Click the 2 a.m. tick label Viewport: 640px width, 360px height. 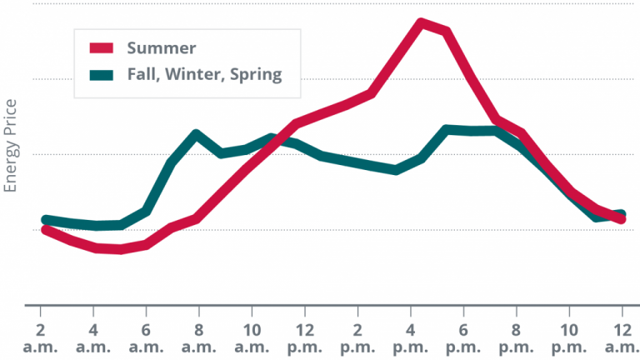pyautogui.click(x=40, y=337)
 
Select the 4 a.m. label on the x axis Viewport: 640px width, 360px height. pyautogui.click(x=93, y=337)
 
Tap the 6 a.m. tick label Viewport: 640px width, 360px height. pyautogui.click(x=147, y=337)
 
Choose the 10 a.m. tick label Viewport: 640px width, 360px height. pyautogui.click(x=252, y=337)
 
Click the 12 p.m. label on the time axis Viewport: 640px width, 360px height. pyautogui.click(x=306, y=337)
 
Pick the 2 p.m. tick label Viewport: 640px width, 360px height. pyautogui.click(x=359, y=337)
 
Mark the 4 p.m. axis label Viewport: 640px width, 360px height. pyautogui.click(x=412, y=337)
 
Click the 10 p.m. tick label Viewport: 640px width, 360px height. pyautogui.click(x=571, y=337)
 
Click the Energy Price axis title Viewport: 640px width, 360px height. pyautogui.click(x=11, y=146)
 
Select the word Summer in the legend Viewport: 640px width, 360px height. pyautogui.click(x=162, y=47)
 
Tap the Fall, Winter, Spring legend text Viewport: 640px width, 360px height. pyautogui.click(x=204, y=74)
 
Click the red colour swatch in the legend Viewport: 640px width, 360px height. pyautogui.click(x=101, y=47)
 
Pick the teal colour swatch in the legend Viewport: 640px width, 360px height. pyautogui.click(x=101, y=74)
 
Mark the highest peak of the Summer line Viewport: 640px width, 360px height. pyautogui.click(x=422, y=22)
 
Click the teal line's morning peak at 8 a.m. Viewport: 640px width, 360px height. pyautogui.click(x=196, y=134)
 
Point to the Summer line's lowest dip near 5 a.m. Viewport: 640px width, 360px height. pyautogui.click(x=120, y=249)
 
